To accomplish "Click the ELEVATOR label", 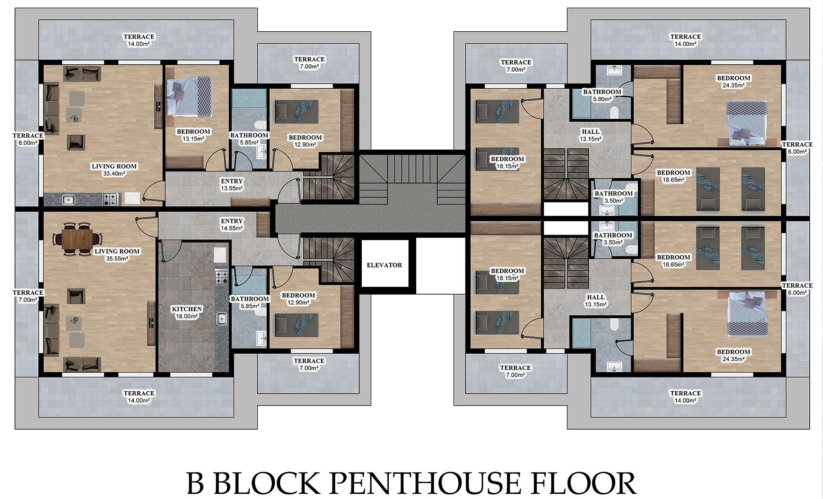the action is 384,265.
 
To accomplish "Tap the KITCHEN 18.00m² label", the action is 186,313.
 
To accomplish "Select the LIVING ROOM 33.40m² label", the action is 114,170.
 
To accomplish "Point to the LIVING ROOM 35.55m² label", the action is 117,255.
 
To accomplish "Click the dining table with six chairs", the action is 78,238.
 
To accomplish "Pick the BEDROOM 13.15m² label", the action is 193,135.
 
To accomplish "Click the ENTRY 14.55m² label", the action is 231,225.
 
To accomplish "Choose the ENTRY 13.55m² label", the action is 231,185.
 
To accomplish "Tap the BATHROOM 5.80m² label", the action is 602,95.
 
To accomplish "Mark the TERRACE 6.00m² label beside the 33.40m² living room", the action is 28,139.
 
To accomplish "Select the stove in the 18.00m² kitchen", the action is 222,277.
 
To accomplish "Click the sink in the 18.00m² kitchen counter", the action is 222,319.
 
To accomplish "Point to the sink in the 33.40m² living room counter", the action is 68,199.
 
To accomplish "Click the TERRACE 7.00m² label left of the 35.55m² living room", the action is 28,296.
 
